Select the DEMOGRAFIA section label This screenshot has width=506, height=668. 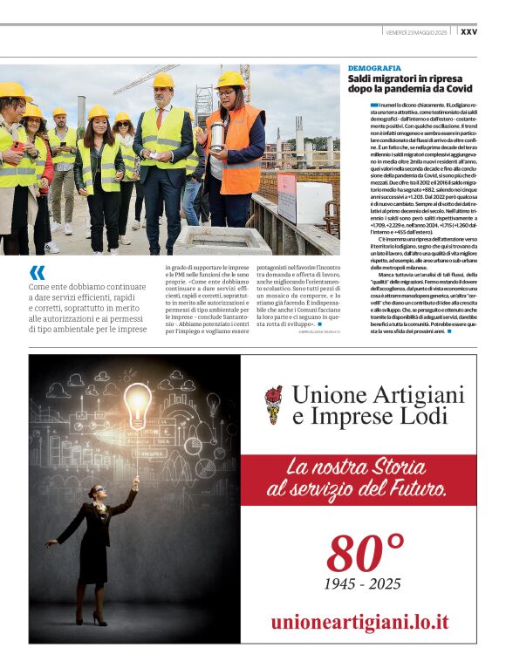pos(374,67)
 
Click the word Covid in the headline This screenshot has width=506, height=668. pos(457,89)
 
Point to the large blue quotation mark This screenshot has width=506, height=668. pos(37,273)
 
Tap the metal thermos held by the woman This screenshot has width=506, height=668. pos(219,136)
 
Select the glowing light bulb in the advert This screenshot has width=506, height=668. pos(135,406)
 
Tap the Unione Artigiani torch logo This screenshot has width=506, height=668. pos(273,403)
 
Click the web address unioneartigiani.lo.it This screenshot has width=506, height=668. pos(359,622)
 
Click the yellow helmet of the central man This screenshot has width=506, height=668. pos(162,80)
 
